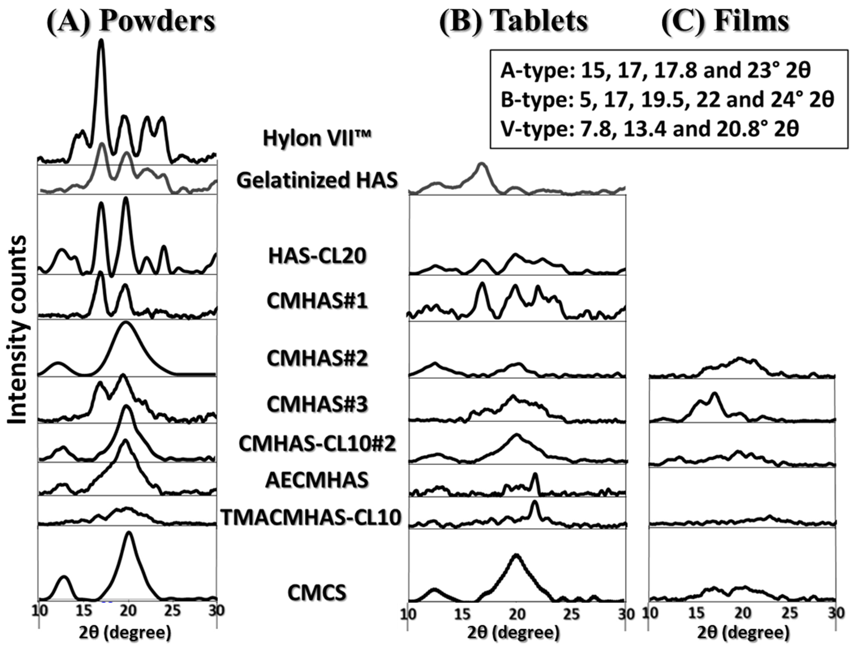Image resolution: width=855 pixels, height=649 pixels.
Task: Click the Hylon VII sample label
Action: (317, 138)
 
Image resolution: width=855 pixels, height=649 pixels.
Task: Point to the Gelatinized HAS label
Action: (317, 180)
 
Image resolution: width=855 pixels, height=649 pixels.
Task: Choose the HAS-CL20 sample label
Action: (317, 256)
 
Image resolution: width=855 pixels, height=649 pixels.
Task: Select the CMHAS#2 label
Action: (317, 359)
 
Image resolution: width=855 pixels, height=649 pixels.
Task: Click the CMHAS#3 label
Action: (317, 404)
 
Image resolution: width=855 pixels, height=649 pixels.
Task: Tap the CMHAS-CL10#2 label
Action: (317, 444)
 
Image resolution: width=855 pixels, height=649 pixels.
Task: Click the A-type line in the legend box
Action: (655, 71)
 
